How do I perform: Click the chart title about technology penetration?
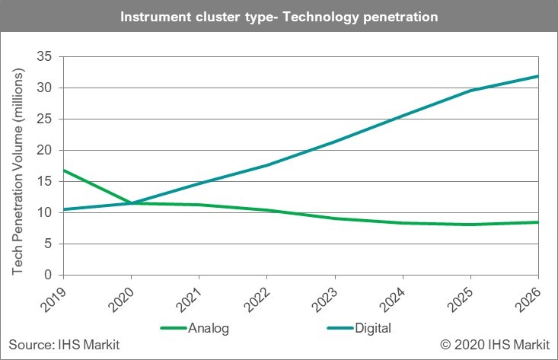pos(279,15)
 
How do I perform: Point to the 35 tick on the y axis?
pos(46,56)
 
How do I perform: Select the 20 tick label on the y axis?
pos(46,150)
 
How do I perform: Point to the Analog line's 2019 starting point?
pos(63,170)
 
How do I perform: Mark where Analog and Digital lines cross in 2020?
pos(131,203)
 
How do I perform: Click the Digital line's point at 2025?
pos(470,91)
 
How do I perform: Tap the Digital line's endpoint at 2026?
pos(538,76)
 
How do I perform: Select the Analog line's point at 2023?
pos(335,218)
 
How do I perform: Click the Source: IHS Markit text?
pos(65,346)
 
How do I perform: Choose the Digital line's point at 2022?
pos(267,165)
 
